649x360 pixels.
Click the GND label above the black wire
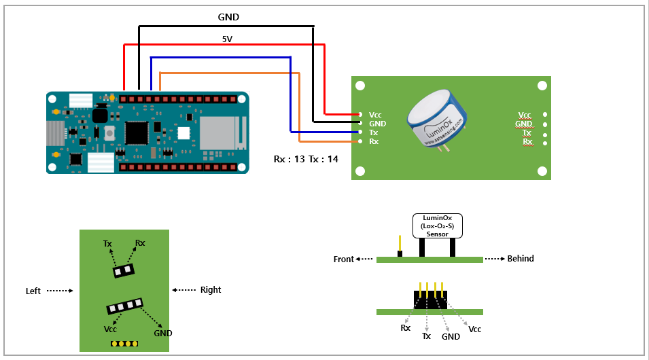pos(228,17)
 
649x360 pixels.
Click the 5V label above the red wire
pos(228,39)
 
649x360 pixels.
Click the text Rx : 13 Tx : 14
pos(306,159)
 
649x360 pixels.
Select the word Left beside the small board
pos(33,291)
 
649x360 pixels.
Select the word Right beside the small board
pos(211,290)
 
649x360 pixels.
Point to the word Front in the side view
pos(344,259)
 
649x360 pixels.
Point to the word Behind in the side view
pos(521,259)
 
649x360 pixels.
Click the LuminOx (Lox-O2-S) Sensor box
pos(437,226)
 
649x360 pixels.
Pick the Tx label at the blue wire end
pos(374,132)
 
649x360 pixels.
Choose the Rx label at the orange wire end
pos(374,142)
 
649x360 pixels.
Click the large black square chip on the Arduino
pos(138,131)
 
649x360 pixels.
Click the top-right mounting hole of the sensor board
pos(542,86)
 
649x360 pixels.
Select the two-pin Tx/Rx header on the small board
pos(124,270)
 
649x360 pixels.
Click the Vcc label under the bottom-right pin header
pos(475,329)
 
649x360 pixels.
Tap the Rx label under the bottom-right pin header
pos(406,328)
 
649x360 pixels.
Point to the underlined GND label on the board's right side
pos(523,124)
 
